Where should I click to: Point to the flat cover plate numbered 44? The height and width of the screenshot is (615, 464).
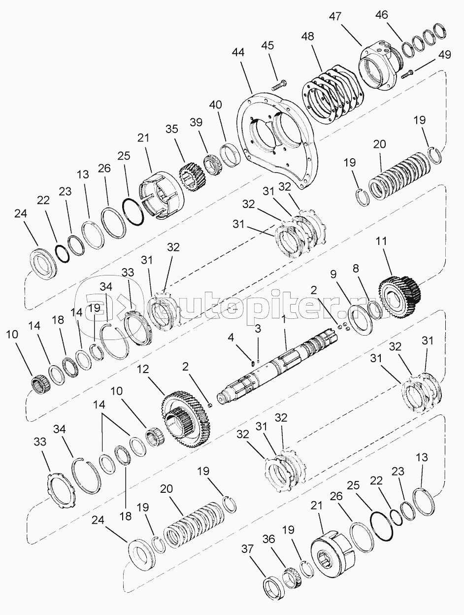click(x=276, y=143)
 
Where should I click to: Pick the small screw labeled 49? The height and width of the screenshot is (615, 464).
click(x=406, y=74)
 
